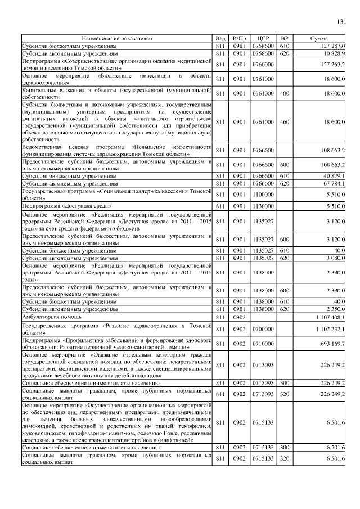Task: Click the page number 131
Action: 341,22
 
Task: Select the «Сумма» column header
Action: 323,39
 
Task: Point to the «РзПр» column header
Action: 240,39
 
